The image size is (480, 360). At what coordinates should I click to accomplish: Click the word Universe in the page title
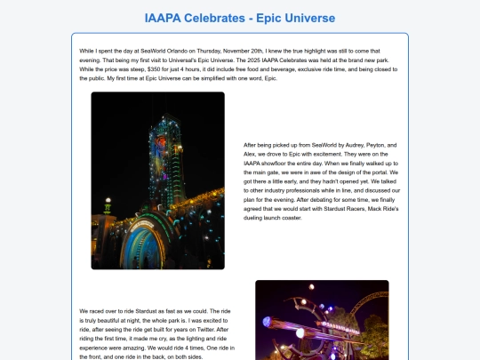point(308,17)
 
